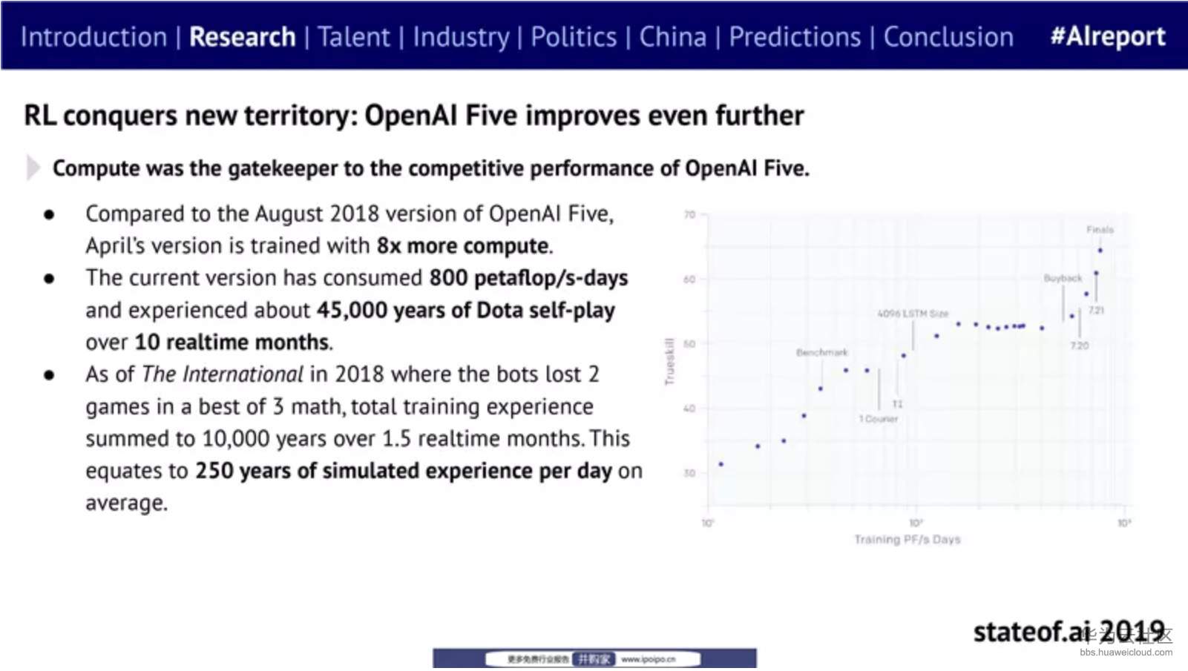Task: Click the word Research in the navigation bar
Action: click(x=242, y=37)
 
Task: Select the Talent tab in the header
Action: click(x=353, y=37)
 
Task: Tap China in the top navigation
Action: click(x=672, y=37)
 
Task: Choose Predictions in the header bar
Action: click(x=794, y=37)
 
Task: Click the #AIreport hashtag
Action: click(x=1107, y=37)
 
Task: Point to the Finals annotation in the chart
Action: click(x=1100, y=230)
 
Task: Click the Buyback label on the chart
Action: click(x=1063, y=278)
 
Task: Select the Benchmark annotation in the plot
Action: click(x=821, y=352)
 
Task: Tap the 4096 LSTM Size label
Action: click(x=913, y=314)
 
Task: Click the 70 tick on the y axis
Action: click(x=689, y=215)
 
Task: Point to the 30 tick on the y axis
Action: click(x=689, y=473)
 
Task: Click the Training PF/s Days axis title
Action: click(x=907, y=539)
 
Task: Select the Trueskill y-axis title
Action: click(x=669, y=361)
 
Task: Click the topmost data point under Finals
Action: click(x=1100, y=251)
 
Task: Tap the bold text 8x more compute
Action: click(x=464, y=245)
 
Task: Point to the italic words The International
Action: click(x=222, y=374)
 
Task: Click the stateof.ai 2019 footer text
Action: click(x=1069, y=632)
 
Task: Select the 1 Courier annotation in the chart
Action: click(x=878, y=419)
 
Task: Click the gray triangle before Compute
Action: click(x=33, y=168)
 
